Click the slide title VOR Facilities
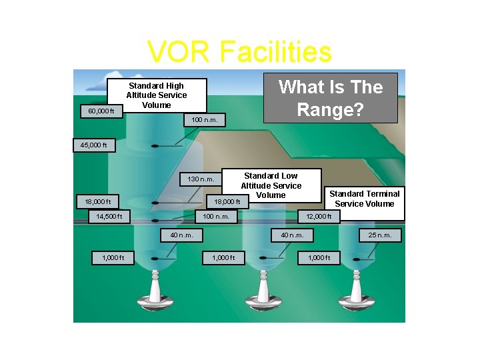click(239, 52)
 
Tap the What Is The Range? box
click(331, 98)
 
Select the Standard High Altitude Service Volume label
click(157, 95)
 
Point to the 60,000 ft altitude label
click(101, 111)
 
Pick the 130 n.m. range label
click(201, 179)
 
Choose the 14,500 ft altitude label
click(109, 216)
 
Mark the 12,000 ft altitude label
click(319, 216)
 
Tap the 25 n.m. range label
click(380, 235)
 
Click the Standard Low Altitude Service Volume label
click(271, 185)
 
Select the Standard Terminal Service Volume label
click(365, 199)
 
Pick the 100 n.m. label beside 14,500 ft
click(216, 216)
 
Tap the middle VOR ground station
click(261, 293)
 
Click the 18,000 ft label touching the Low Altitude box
click(226, 201)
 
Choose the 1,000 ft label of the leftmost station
click(114, 257)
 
